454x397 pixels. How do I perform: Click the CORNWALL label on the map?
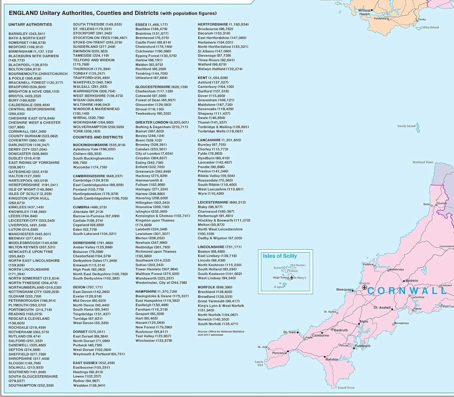(406, 291)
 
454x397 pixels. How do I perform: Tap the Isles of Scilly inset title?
(280, 256)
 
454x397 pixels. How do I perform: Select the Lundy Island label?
(406, 126)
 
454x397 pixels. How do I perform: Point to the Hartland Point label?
(423, 162)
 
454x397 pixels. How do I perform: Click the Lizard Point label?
(346, 387)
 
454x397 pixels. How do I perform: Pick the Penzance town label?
(279, 353)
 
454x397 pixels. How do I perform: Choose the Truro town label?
(364, 321)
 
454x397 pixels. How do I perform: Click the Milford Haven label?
(364, 12)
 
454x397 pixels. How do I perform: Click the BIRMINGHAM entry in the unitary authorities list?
(31, 51)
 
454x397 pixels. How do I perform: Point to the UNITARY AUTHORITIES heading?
(30, 25)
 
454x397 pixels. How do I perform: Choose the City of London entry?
(154, 153)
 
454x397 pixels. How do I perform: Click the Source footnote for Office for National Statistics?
(221, 333)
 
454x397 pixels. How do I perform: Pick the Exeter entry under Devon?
(87, 296)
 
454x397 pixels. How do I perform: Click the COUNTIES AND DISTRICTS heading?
(98, 137)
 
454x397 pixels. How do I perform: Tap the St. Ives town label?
(289, 332)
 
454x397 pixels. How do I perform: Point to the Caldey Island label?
(429, 27)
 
